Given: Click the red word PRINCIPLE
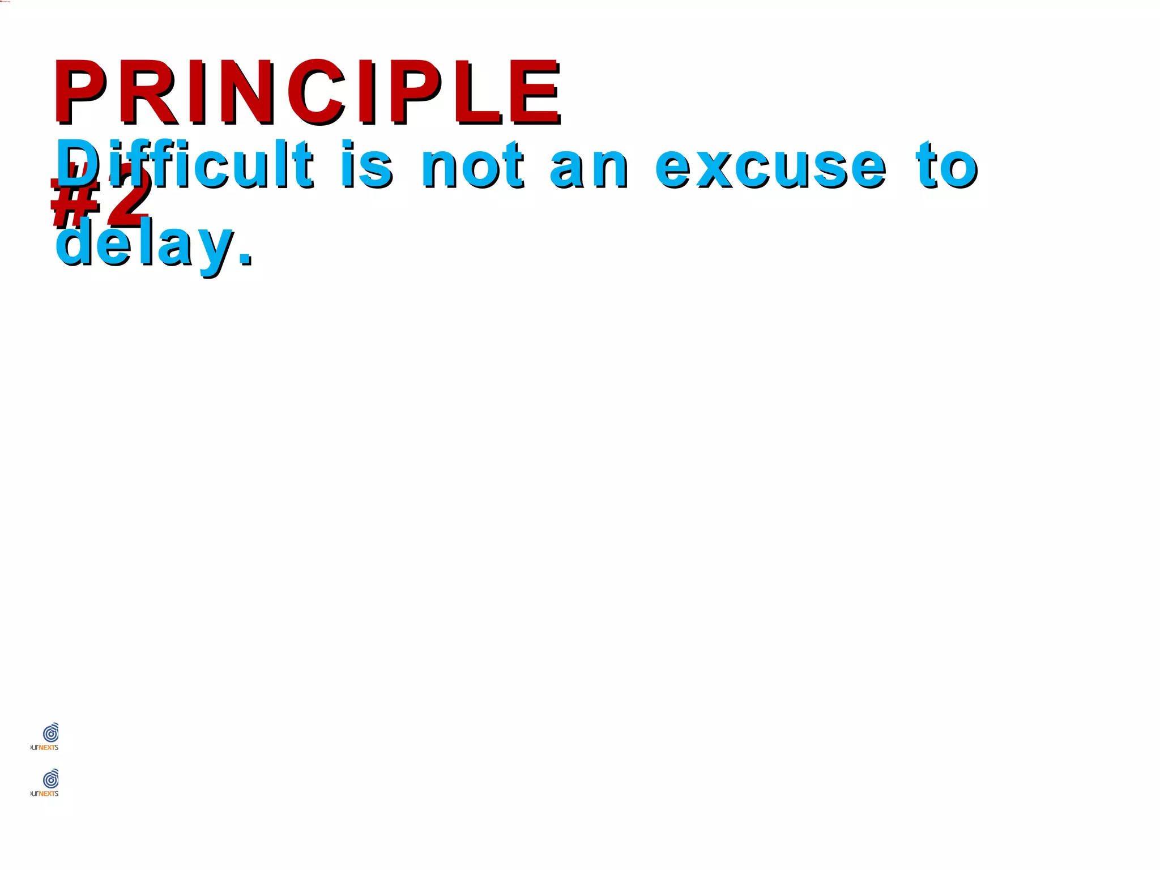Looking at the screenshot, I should [306, 92].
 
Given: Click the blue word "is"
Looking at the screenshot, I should [366, 165].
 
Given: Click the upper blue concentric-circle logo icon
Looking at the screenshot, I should [51, 733].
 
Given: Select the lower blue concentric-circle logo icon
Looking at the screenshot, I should [51, 779].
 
